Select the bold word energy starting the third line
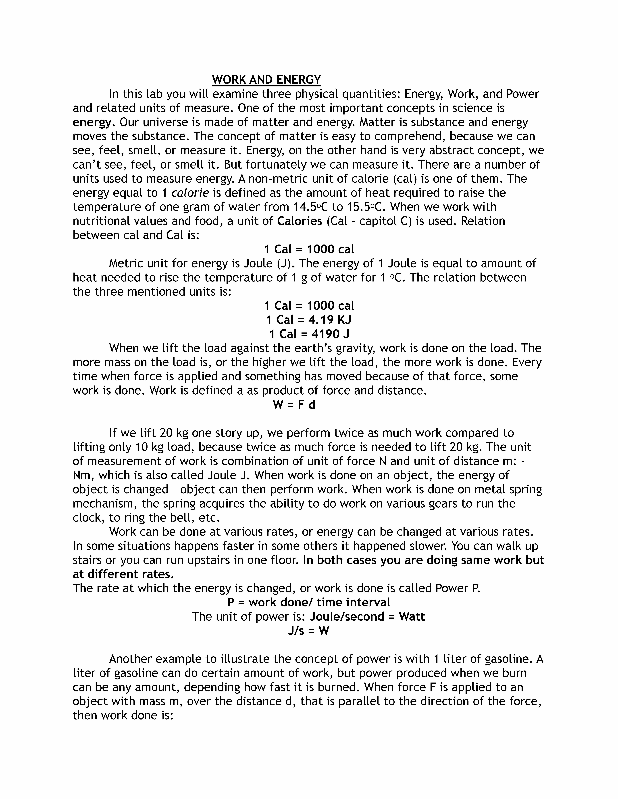pyautogui.click(x=92, y=122)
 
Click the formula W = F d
pyautogui.click(x=294, y=405)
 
